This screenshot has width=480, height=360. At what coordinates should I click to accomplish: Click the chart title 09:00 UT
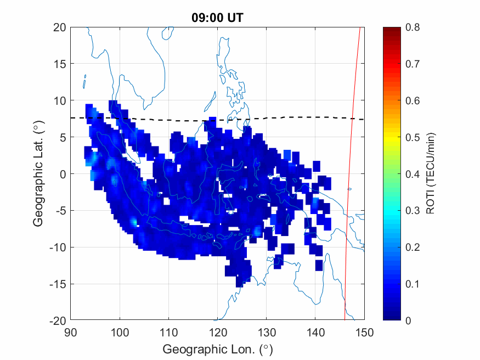(217, 18)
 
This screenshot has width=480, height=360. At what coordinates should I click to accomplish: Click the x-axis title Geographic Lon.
(217, 349)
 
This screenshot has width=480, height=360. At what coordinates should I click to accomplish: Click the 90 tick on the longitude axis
(70, 331)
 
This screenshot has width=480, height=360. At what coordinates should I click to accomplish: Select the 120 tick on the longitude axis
(217, 331)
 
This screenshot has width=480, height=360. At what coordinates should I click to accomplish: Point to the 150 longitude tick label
(364, 331)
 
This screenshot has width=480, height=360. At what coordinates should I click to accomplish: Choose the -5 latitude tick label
(59, 211)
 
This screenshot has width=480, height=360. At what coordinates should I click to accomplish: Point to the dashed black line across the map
(165, 119)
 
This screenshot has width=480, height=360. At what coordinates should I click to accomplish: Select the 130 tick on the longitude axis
(267, 331)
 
